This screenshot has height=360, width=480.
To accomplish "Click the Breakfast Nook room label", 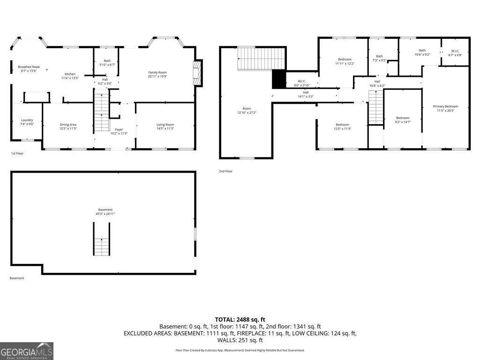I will [29, 67].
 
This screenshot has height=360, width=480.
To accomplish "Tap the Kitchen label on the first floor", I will [70, 74].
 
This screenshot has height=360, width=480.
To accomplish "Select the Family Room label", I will [157, 72].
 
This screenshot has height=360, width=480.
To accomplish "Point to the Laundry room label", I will [27, 120].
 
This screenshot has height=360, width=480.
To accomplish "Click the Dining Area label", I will [68, 125].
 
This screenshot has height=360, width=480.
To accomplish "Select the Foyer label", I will [119, 129].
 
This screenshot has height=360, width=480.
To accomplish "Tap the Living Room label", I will [165, 125].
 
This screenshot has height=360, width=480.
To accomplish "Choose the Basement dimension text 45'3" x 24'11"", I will [105, 214].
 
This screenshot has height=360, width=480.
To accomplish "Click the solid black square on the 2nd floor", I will [278, 79].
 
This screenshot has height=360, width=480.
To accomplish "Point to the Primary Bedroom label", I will [445, 106].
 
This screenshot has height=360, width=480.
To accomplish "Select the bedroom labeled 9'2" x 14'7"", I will [403, 118].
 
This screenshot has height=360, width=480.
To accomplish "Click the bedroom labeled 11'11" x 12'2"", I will [345, 59].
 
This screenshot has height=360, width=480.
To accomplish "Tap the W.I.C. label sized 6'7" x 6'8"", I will [455, 51].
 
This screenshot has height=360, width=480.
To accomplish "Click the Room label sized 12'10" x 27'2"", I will [247, 108].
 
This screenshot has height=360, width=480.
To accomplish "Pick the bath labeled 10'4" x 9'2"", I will [422, 51].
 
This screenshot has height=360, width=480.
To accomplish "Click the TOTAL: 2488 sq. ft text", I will [240, 320].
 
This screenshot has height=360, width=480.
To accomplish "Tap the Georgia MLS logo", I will [27, 351].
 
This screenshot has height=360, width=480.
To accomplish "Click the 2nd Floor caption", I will [225, 171].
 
